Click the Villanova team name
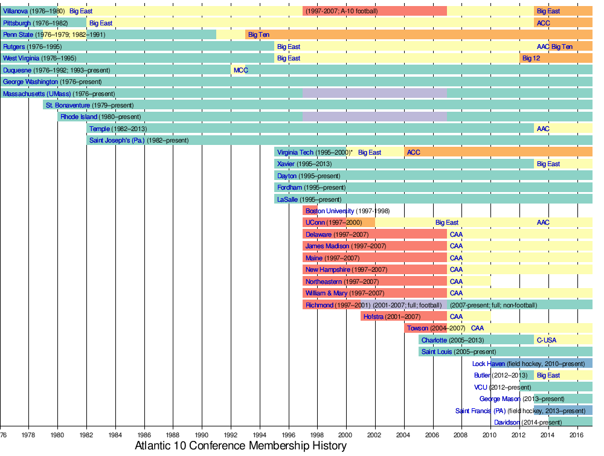(x=16, y=11)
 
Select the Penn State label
(x=18, y=34)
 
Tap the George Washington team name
(x=31, y=82)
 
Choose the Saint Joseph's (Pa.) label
(x=117, y=140)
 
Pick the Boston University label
(x=330, y=211)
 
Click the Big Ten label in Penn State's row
(x=259, y=34)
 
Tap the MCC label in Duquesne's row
(x=240, y=70)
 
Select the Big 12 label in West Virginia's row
(x=531, y=58)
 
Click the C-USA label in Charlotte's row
(x=546, y=340)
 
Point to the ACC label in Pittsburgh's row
(x=543, y=23)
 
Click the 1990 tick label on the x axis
(x=202, y=434)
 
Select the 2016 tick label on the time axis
(x=577, y=434)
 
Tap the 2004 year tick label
(x=404, y=434)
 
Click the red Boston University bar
(x=310, y=211)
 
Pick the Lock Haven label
(x=488, y=364)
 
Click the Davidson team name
(x=507, y=422)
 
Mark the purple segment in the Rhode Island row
(x=374, y=117)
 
